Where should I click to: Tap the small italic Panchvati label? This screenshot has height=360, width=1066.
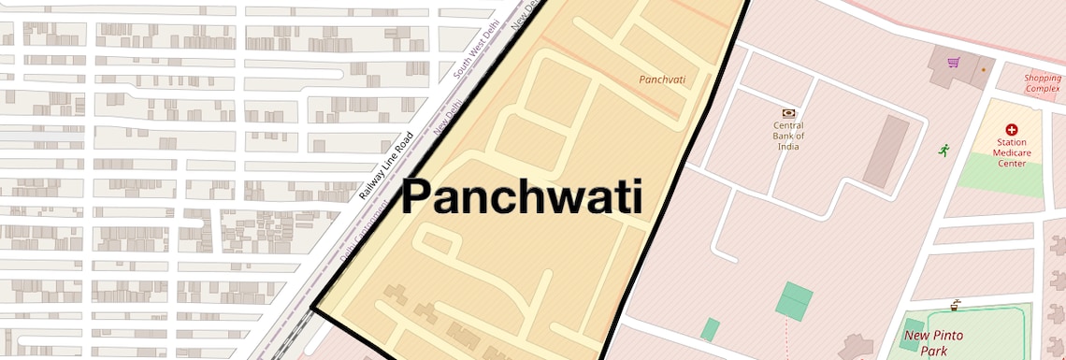(662, 79)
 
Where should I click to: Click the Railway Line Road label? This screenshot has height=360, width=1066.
(386, 166)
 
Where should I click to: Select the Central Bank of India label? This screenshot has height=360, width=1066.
(788, 136)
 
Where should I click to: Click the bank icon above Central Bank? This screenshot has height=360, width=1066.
(788, 112)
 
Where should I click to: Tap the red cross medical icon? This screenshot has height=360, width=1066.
(1011, 130)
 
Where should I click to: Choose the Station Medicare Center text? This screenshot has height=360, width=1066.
(1010, 152)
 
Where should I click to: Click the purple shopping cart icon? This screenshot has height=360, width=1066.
(954, 63)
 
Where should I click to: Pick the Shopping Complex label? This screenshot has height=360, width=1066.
(1042, 83)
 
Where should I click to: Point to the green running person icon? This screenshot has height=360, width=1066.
(944, 150)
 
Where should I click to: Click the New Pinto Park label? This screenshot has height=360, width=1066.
(933, 342)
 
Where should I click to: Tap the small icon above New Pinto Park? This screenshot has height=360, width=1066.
(955, 305)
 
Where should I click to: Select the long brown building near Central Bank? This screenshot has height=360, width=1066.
(885, 151)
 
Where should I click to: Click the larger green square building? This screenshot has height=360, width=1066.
(794, 301)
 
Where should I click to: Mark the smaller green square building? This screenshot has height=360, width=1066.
(711, 329)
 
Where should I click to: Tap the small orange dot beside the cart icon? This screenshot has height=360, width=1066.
(983, 69)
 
